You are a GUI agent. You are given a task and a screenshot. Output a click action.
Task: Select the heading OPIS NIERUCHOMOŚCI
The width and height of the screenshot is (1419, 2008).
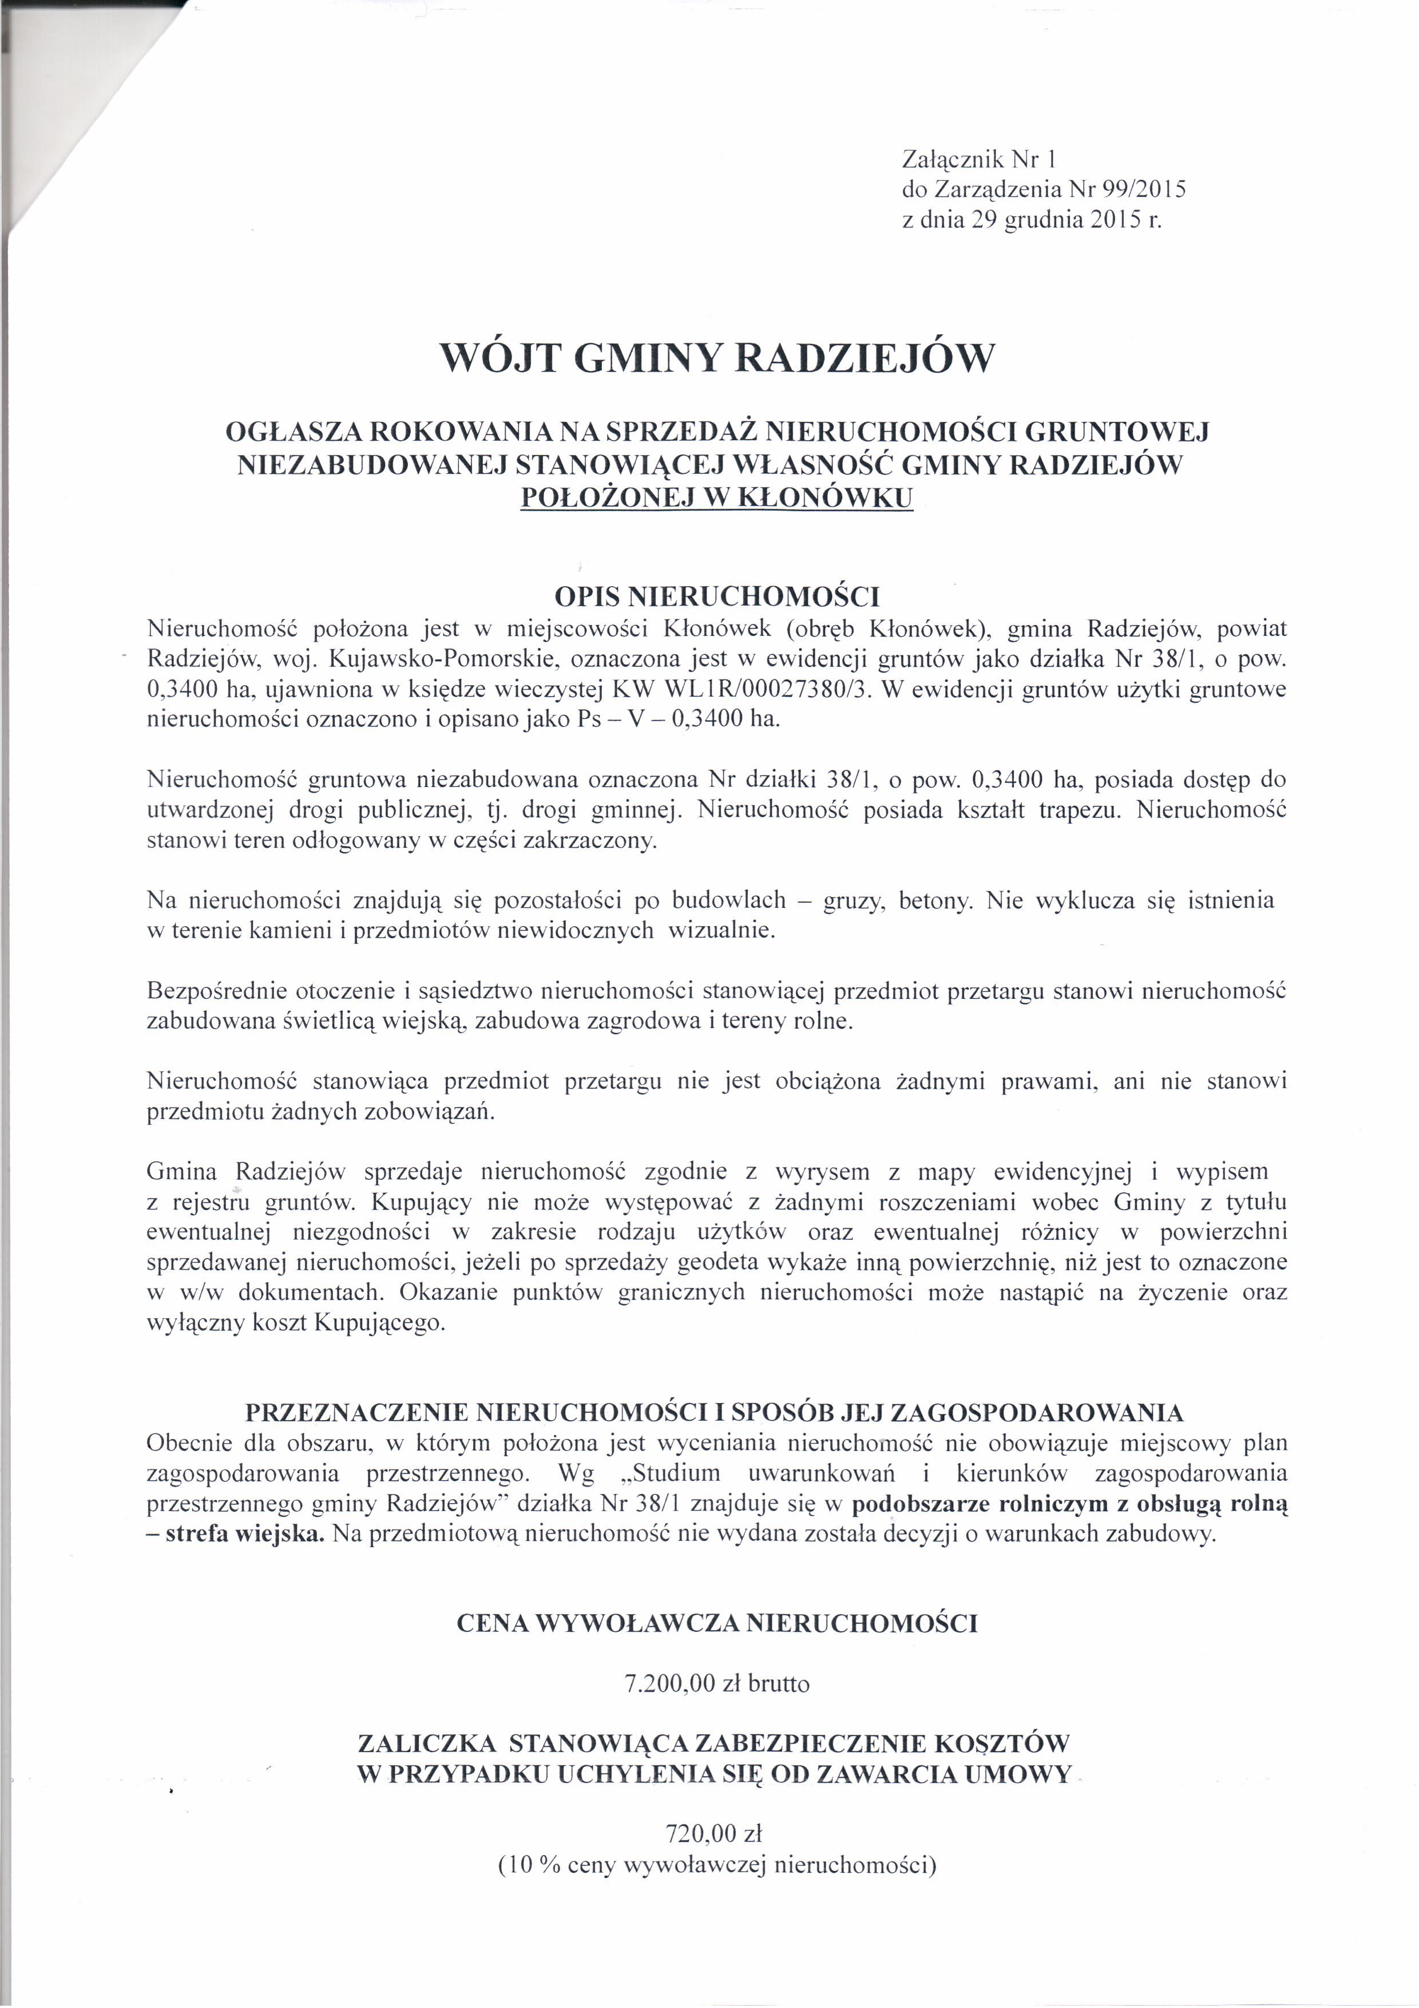[x=717, y=598]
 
